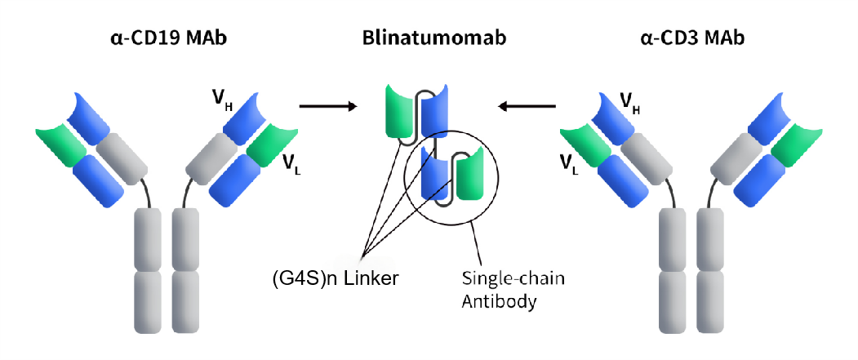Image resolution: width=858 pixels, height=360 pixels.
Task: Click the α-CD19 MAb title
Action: (x=168, y=38)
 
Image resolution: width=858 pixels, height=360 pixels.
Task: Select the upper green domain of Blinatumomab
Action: (x=402, y=109)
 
